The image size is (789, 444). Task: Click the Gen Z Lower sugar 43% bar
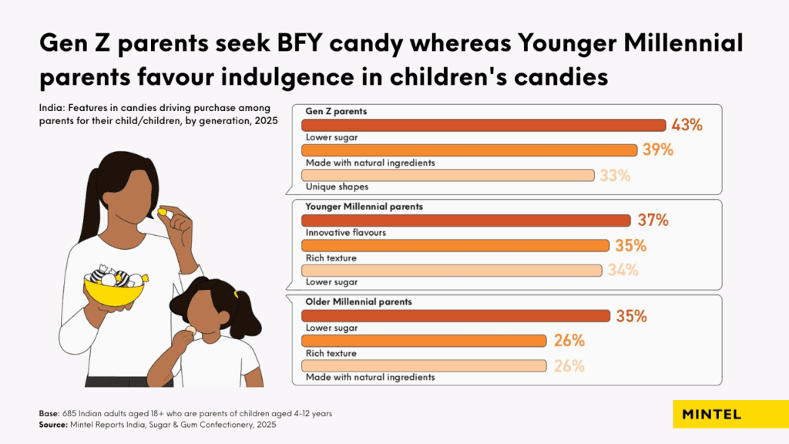coord(483,126)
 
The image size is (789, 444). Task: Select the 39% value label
coord(658,150)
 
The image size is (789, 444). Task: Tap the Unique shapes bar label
coord(336,187)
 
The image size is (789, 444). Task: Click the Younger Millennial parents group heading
coord(364,207)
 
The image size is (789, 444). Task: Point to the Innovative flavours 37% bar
coord(465,221)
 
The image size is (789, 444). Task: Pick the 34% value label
coord(623,270)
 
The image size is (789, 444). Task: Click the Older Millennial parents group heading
coord(358,301)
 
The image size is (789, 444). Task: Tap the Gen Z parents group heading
coord(336,111)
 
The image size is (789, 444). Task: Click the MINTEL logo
coord(711,414)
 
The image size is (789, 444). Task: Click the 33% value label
coord(614,175)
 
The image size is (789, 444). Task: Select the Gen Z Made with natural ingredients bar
coord(468,150)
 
